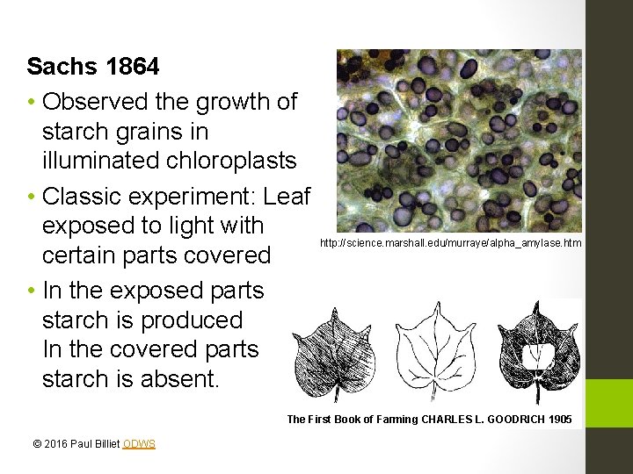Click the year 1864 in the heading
click(133, 67)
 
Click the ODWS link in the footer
click(139, 444)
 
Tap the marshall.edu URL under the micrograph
click(450, 242)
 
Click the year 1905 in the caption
click(559, 420)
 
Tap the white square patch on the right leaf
click(537, 355)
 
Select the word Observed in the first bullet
click(97, 102)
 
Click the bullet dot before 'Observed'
click(31, 103)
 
